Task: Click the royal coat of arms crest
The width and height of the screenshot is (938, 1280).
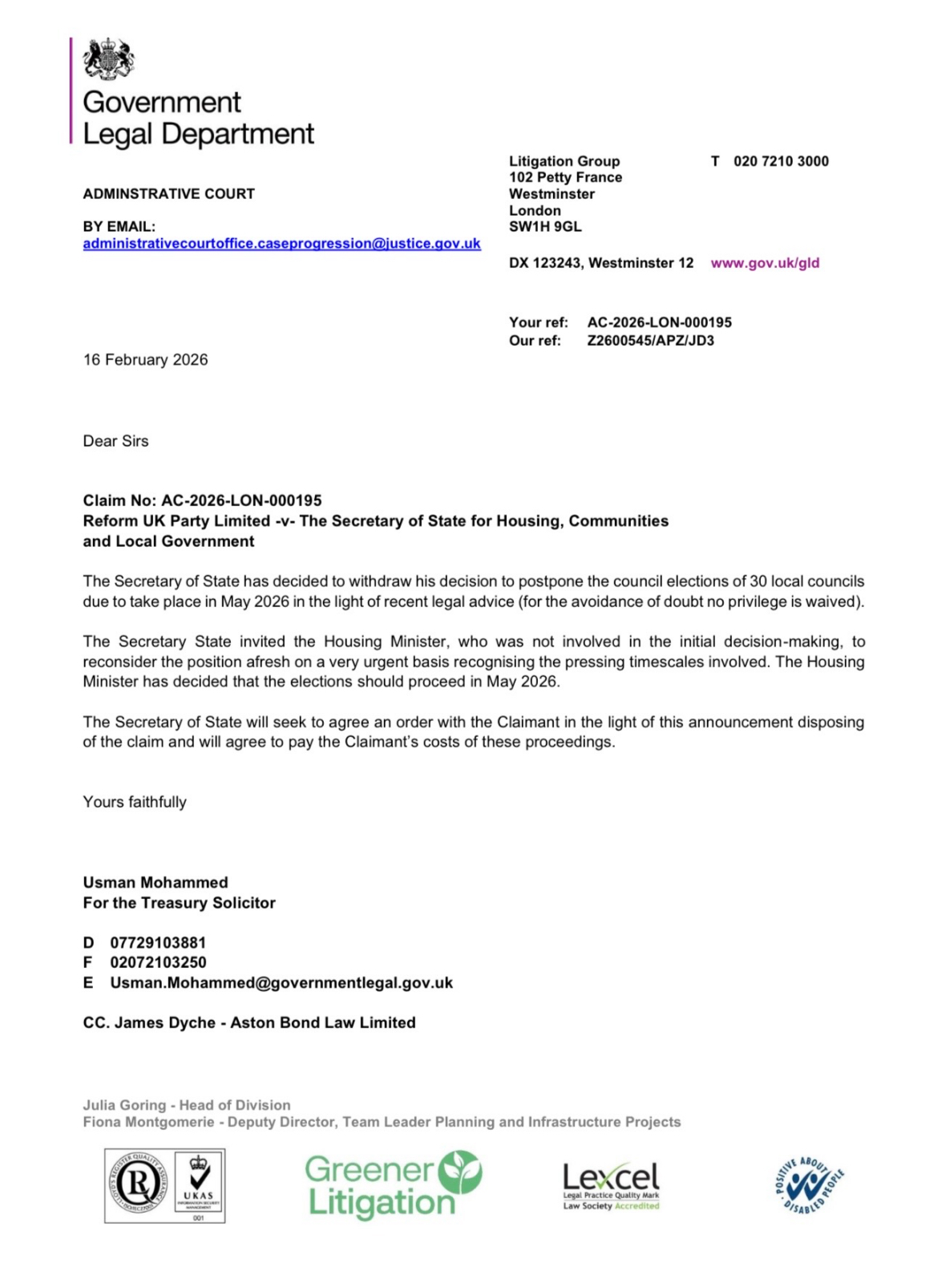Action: [x=109, y=59]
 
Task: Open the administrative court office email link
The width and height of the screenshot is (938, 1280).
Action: [x=281, y=244]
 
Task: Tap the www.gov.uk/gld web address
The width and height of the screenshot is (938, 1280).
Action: [x=765, y=263]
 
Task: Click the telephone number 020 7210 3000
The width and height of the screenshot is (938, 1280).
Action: [x=781, y=161]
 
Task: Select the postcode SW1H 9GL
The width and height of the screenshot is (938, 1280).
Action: [x=545, y=227]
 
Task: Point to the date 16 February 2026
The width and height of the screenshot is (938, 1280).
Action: [x=145, y=360]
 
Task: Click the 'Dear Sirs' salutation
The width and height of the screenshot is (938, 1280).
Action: [x=115, y=441]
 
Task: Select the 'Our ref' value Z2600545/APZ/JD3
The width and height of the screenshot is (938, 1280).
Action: [x=650, y=341]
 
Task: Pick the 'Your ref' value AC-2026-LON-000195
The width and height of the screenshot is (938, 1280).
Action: [x=659, y=322]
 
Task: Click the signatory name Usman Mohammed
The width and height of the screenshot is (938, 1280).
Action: [x=156, y=883]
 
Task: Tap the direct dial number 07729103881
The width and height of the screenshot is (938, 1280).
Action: [x=158, y=943]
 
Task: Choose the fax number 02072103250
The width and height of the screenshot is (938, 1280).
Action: [x=158, y=962]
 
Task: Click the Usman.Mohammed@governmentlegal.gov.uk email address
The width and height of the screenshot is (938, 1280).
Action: [x=281, y=983]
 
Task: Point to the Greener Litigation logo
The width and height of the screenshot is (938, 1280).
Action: [x=393, y=1185]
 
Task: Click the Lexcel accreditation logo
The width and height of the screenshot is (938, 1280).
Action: [x=611, y=1185]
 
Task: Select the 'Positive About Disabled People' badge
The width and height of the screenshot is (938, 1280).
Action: [x=810, y=1185]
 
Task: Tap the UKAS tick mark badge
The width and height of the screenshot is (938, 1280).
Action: [x=198, y=1185]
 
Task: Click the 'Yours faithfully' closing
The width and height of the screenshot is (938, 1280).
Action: [x=135, y=803]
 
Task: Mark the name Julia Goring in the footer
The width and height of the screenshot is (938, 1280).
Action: [x=124, y=1105]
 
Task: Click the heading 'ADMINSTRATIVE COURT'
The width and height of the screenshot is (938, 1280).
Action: [x=168, y=194]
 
